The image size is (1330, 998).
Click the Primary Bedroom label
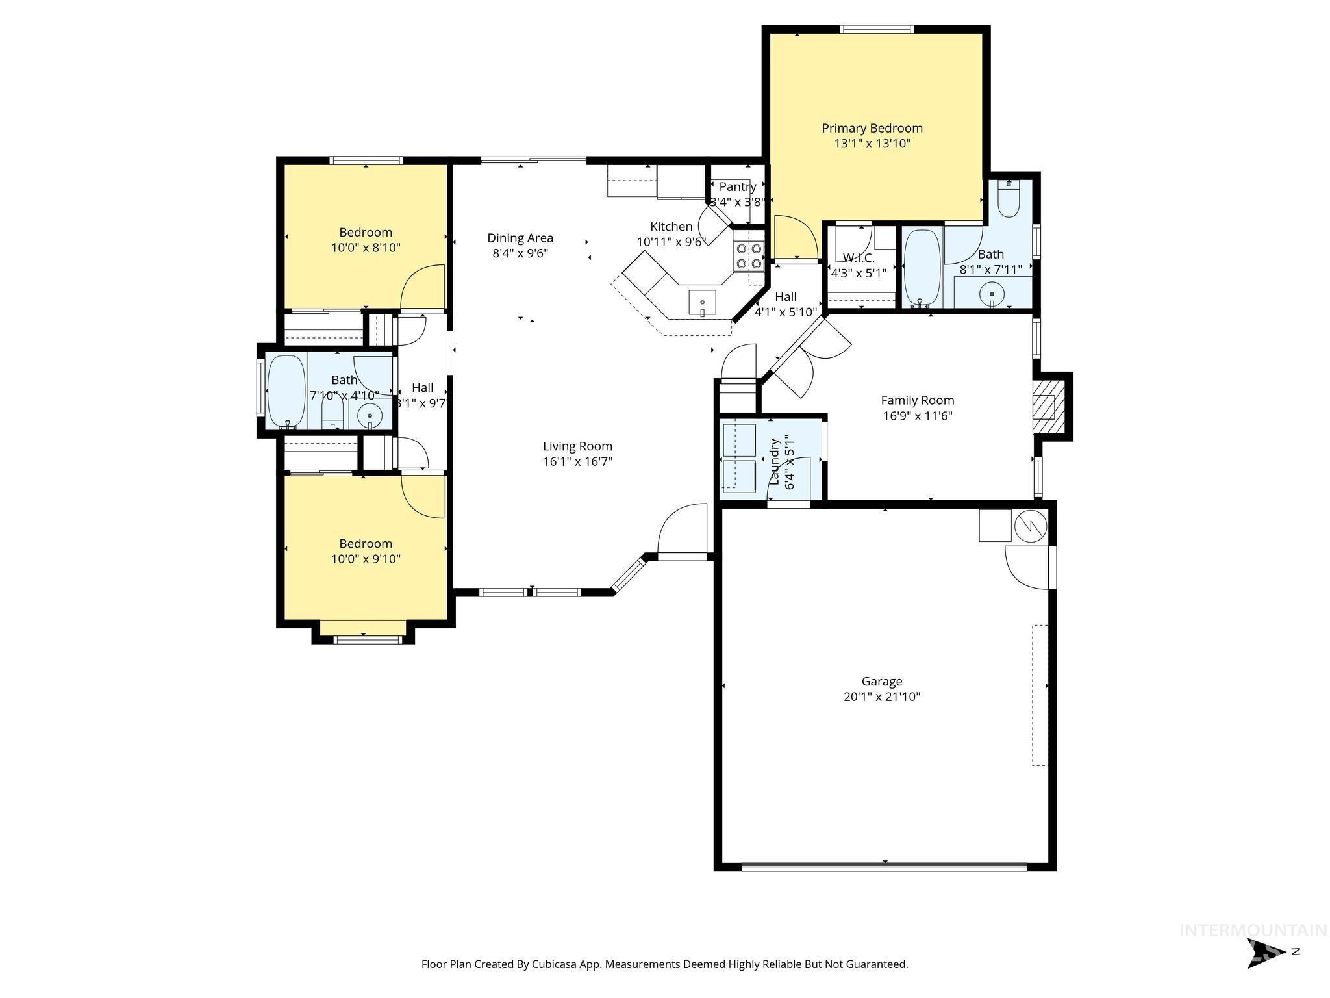(872, 129)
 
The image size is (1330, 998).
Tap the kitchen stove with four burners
(748, 255)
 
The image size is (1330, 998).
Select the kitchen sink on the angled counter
(702, 303)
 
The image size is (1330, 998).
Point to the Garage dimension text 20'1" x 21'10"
(881, 697)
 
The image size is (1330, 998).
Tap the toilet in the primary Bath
(1009, 198)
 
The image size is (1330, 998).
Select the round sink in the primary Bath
(992, 294)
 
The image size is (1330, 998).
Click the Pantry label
(737, 187)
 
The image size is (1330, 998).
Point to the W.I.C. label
(859, 258)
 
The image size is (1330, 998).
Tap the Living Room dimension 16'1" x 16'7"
(577, 462)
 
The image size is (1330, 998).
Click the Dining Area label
(520, 238)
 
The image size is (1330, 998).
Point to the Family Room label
(917, 400)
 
